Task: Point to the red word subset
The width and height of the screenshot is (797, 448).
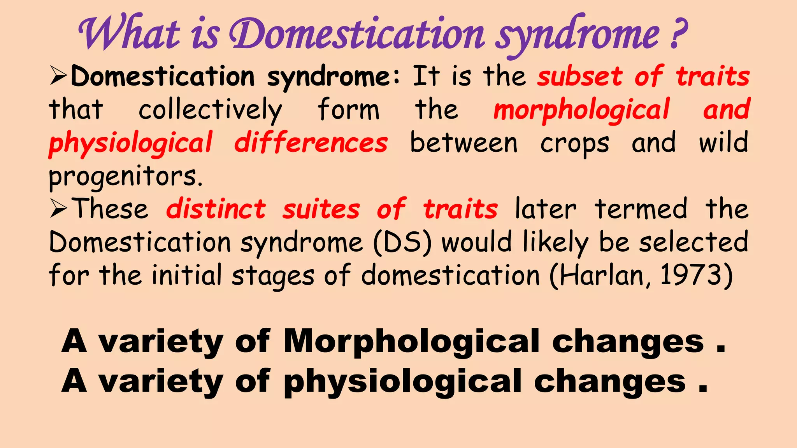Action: tap(580, 76)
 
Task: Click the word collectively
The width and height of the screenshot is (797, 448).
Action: tap(210, 110)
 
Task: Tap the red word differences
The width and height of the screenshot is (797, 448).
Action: tap(311, 143)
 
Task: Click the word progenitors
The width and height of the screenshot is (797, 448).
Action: tap(125, 177)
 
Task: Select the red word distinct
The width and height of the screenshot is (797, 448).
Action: tap(216, 209)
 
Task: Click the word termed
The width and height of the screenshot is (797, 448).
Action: tap(641, 209)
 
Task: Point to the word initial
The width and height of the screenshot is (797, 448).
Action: tap(186, 275)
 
